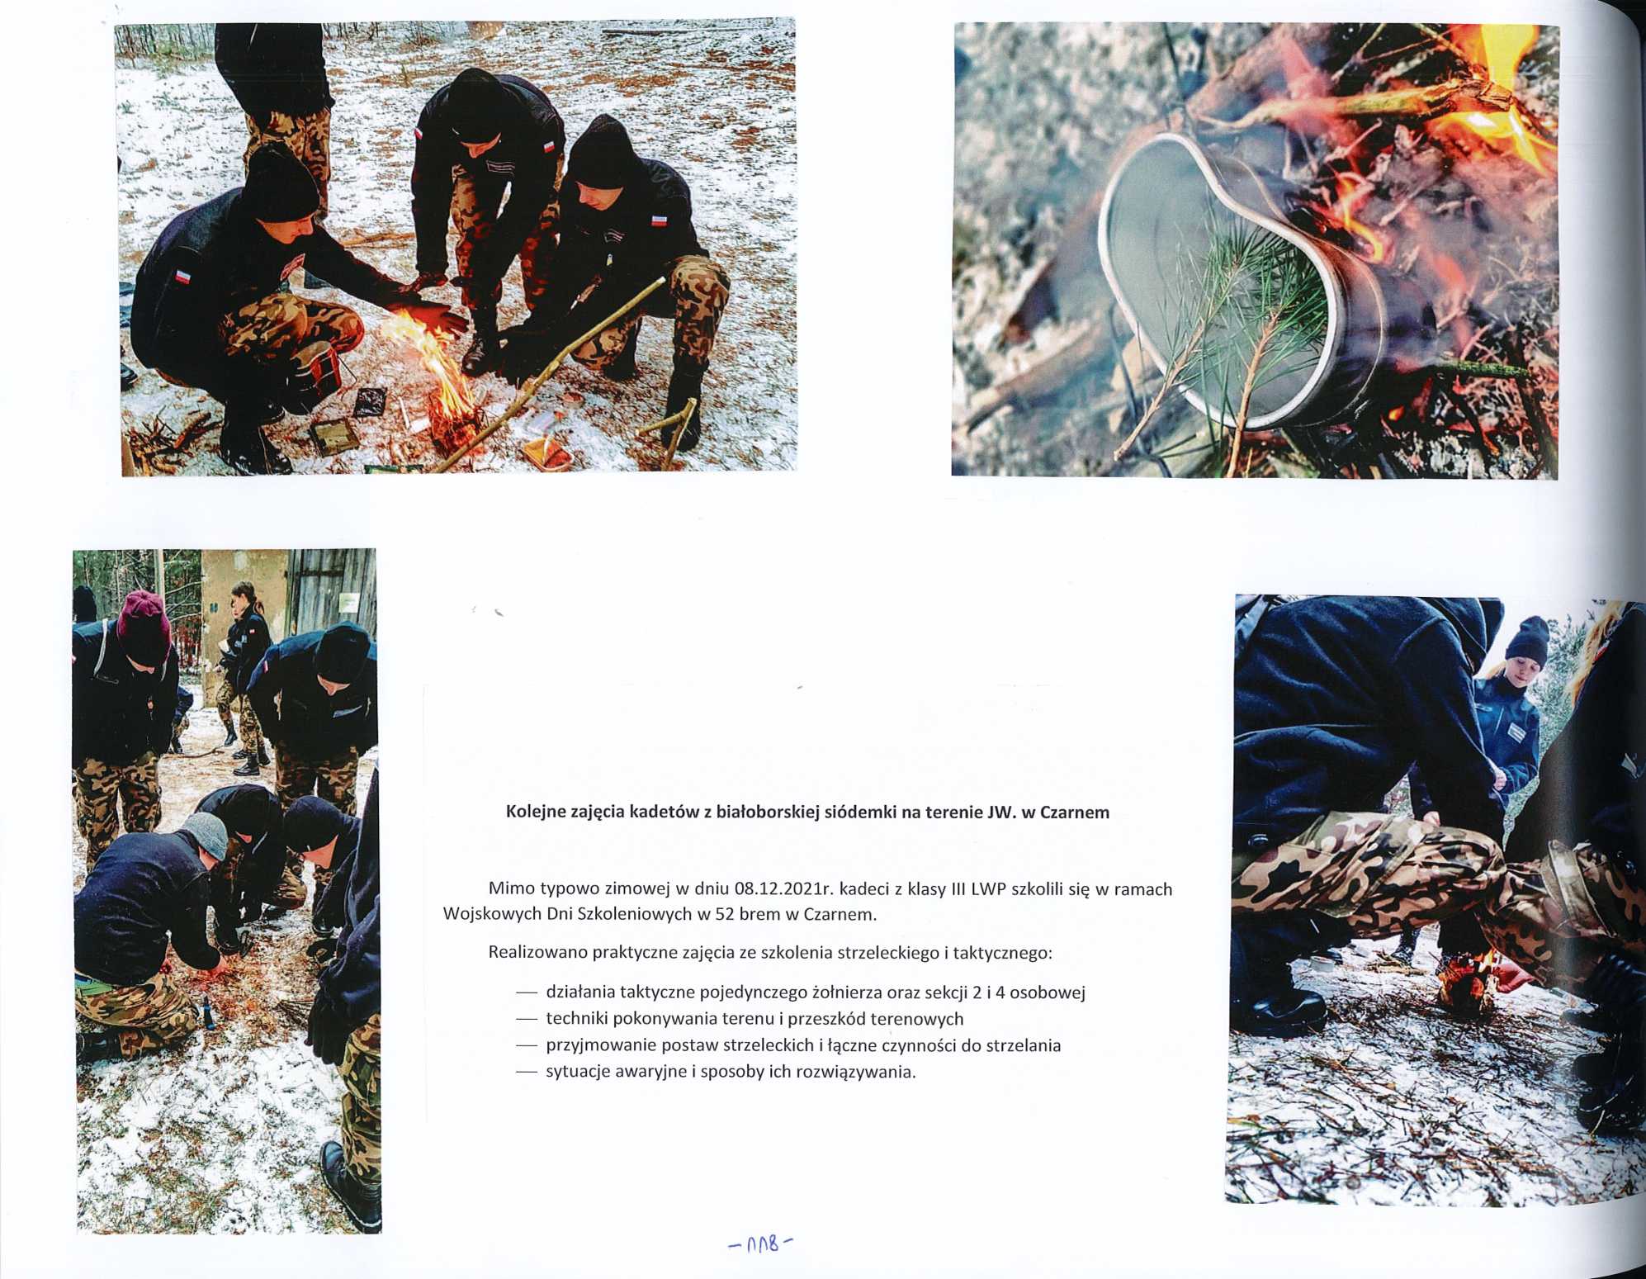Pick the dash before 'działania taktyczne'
point(526,993)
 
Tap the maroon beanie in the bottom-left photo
point(143,624)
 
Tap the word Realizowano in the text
point(534,952)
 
